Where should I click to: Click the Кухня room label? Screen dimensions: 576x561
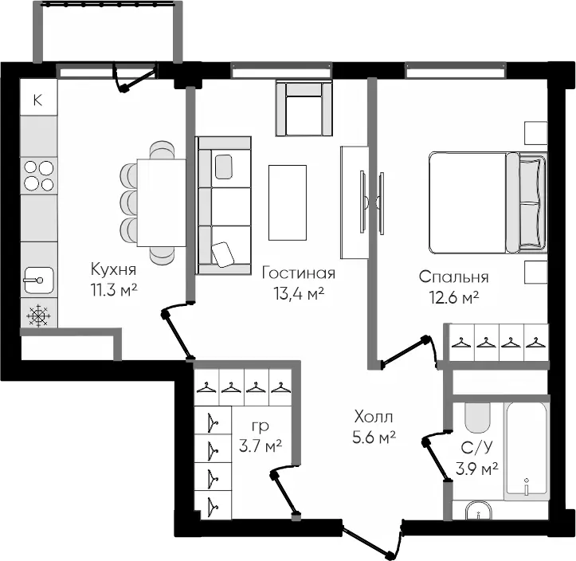113,269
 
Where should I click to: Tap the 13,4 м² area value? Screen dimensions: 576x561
299,293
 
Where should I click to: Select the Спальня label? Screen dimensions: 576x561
453,277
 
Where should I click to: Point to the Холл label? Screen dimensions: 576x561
374,417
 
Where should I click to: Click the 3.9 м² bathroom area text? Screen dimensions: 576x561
477,469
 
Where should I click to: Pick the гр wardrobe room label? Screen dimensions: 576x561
261,426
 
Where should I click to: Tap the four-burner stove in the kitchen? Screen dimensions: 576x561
38,175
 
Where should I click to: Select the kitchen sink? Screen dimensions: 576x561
38,280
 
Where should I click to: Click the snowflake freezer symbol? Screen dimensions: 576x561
38,316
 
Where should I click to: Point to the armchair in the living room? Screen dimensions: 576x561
304,109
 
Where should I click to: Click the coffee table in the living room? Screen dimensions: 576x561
288,202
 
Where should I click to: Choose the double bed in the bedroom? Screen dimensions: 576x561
488,202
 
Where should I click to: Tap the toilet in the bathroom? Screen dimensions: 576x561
477,418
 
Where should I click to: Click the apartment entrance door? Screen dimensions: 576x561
372,537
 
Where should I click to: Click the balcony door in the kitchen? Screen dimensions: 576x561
134,78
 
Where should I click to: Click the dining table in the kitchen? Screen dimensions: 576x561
161,202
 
